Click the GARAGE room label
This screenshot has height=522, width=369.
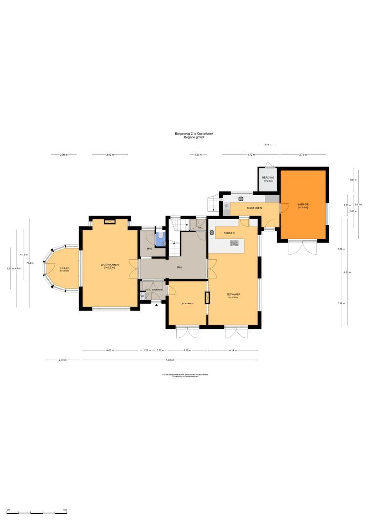pyautogui.click(x=303, y=204)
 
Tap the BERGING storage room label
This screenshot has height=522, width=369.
pyautogui.click(x=268, y=178)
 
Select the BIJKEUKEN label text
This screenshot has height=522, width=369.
pyautogui.click(x=254, y=208)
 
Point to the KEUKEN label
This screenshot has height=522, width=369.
pyautogui.click(x=229, y=233)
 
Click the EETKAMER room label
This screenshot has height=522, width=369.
pyautogui.click(x=233, y=294)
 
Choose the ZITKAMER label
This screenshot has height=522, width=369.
pyautogui.click(x=187, y=304)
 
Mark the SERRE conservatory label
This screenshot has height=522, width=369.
pyautogui.click(x=64, y=268)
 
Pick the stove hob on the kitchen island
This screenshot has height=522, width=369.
pyautogui.click(x=235, y=244)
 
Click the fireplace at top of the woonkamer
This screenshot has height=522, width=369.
pyautogui.click(x=110, y=221)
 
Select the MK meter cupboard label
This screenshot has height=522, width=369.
pyautogui.click(x=142, y=296)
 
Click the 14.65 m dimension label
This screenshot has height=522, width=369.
pyautogui.click(x=170, y=360)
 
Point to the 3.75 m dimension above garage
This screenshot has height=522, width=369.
pyautogui.click(x=302, y=155)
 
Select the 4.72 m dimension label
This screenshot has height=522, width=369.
pyautogui.click(x=250, y=155)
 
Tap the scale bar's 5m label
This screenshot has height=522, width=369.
pyautogui.click(x=65, y=510)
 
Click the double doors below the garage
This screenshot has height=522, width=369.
pyautogui.click(x=303, y=247)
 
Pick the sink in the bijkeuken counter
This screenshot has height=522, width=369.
pyautogui.click(x=241, y=198)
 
